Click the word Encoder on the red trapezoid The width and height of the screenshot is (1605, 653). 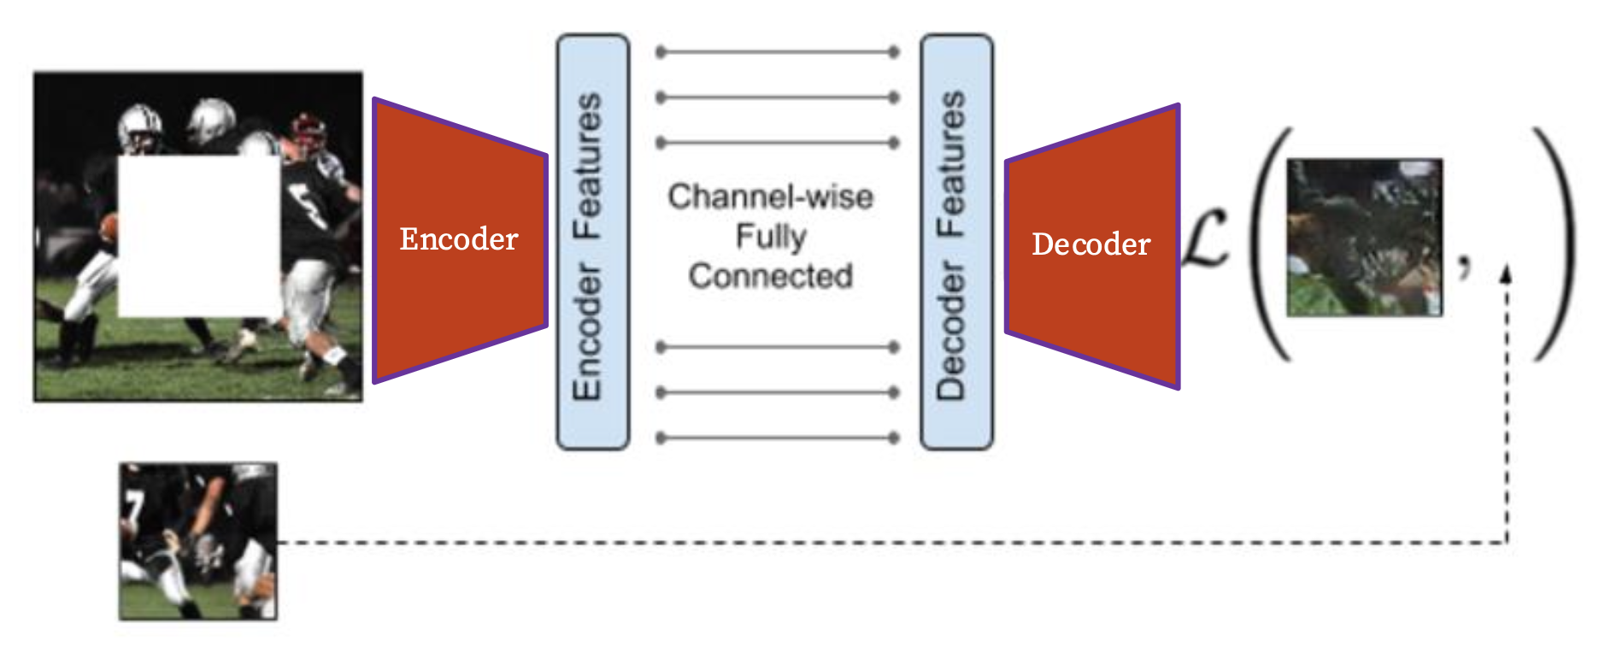tap(459, 239)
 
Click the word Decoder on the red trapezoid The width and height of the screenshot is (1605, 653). tap(1091, 244)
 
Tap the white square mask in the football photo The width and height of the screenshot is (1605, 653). tap(198, 236)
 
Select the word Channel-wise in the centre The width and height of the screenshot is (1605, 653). tap(770, 197)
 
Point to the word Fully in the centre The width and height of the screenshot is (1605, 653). tap(771, 236)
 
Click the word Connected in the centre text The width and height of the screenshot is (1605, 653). tap(770, 276)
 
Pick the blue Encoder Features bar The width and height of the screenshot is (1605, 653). tap(592, 242)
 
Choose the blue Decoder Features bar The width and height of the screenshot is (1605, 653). tap(956, 242)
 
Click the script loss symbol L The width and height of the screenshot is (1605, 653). tap(1207, 240)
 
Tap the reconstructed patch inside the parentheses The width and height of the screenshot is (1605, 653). tap(1364, 237)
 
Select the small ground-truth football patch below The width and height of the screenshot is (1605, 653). tap(198, 541)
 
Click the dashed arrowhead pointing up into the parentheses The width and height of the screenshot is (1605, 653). tap(1507, 274)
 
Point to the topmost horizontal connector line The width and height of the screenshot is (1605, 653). tap(777, 52)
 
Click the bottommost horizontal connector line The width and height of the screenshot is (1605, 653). tap(777, 438)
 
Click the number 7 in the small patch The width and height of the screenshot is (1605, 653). tap(131, 506)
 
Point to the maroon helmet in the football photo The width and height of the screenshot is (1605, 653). tap(308, 131)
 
